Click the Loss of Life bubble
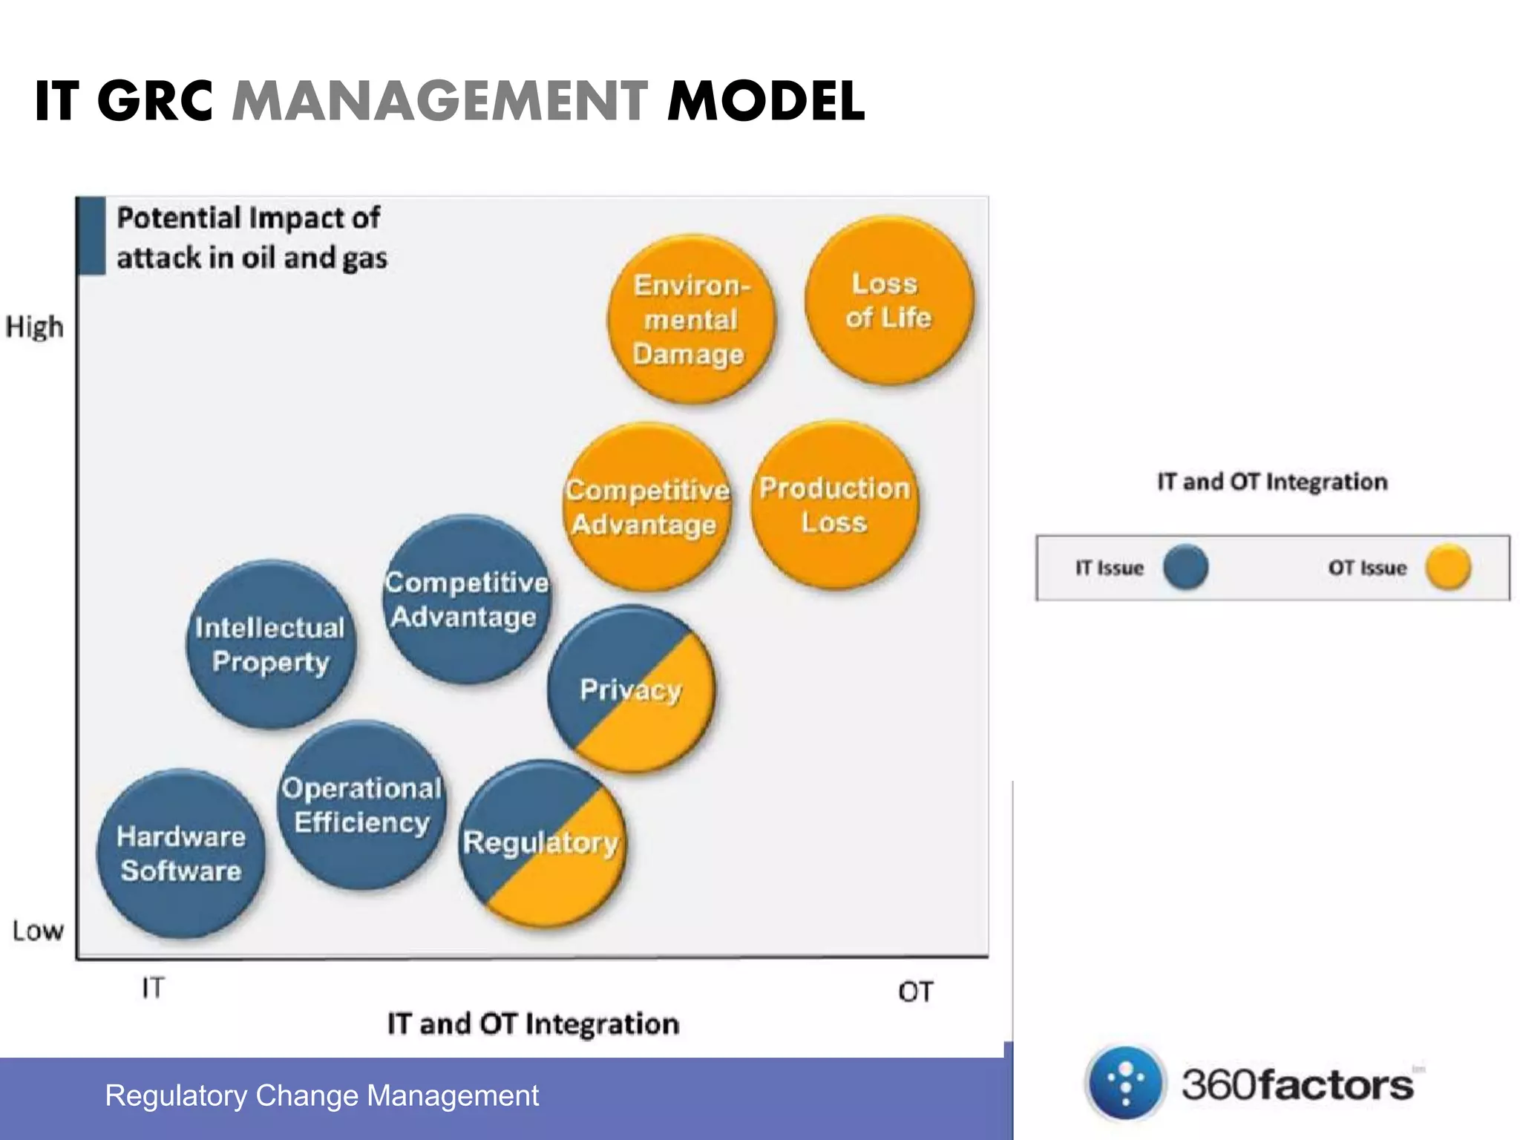[888, 301]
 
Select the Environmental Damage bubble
[690, 320]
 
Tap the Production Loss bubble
[834, 505]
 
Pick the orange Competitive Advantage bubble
[646, 507]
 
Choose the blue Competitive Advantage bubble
[467, 599]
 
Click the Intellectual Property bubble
[270, 644]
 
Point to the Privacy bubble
[631, 689]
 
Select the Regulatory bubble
[542, 843]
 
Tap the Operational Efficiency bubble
[362, 805]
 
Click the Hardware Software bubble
[181, 854]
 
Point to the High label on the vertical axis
[34, 327]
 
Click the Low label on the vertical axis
[37, 931]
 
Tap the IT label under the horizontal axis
[153, 988]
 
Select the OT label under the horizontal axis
[914, 992]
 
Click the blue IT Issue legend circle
[1185, 567]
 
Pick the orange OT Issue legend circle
[1448, 567]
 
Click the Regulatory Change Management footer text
[322, 1095]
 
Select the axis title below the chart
[533, 1024]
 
